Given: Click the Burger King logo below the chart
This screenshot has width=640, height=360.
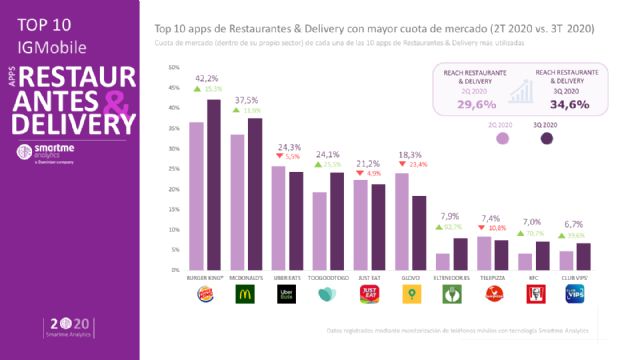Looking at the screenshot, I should point(205,294).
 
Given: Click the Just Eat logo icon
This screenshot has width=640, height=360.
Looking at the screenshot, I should point(369,294).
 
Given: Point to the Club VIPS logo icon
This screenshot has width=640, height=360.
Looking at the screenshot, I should point(574,294).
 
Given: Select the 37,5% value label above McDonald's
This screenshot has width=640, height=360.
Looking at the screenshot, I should point(246,100).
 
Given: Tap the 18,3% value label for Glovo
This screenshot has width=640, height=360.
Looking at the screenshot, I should point(410,155).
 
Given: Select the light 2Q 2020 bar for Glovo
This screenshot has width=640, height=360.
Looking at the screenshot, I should point(401,221).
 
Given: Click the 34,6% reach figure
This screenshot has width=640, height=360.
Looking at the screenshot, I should point(568,104).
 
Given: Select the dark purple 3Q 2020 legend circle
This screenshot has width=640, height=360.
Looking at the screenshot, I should point(547,139).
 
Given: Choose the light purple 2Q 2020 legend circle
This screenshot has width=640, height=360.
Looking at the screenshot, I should point(501,139).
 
